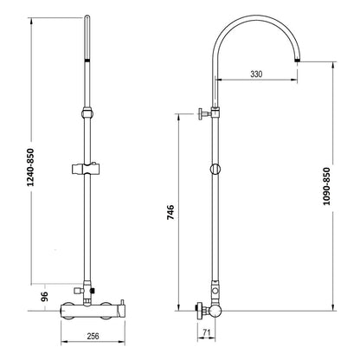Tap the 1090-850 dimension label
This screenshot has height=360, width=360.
click(326, 186)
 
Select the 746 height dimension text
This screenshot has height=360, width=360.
click(170, 212)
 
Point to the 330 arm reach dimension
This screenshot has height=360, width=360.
click(256, 74)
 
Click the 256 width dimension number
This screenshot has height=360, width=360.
click(93, 336)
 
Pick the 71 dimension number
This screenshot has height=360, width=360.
click(206, 332)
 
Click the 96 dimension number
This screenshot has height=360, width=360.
click(44, 297)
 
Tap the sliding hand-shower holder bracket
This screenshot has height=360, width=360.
click(86, 169)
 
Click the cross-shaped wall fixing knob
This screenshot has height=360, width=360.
click(202, 114)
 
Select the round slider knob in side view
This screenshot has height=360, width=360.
click(215, 169)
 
